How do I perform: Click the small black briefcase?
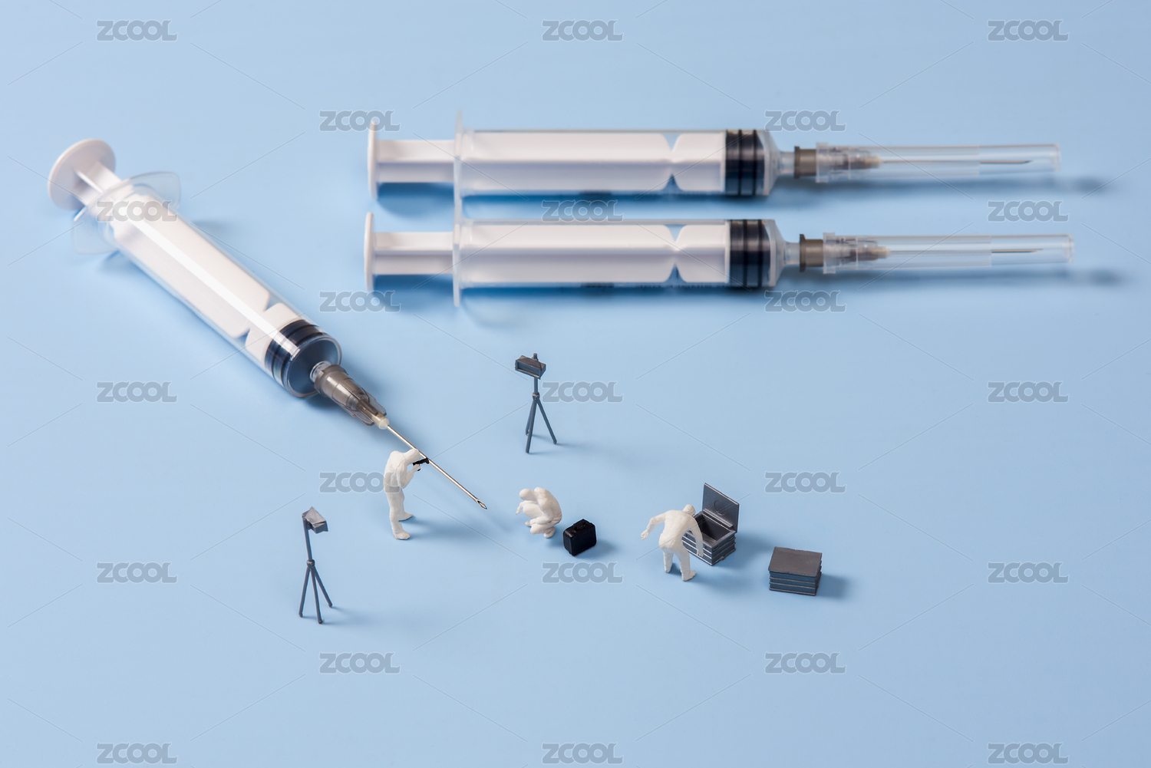579,537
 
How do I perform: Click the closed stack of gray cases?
795,571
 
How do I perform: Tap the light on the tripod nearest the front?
315,519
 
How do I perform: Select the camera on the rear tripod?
530,365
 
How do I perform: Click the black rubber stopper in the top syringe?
744,163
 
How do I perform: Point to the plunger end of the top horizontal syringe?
373,161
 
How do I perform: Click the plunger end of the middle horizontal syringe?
369,252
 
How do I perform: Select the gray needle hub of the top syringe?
805,162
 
